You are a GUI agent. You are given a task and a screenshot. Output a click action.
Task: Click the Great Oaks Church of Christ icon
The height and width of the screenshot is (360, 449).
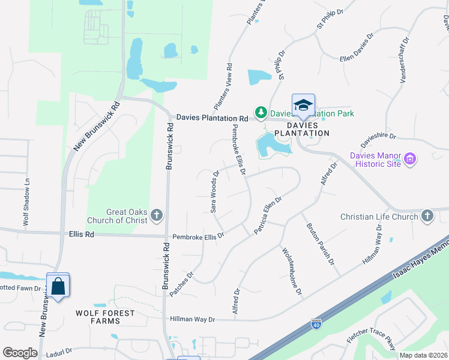pos(157,215)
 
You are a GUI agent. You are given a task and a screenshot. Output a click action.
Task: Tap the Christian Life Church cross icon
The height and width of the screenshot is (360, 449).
pos(427,216)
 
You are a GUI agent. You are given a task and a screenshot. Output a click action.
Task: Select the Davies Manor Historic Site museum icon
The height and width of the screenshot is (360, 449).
pos(411,159)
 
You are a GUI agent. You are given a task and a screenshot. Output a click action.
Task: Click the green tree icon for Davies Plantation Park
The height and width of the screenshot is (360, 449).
pos(261,112)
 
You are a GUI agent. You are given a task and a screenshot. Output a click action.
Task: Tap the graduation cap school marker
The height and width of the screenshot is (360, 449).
pos(303,105)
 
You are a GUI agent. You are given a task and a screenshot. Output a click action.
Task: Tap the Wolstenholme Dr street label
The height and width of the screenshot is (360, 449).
pos(291,271)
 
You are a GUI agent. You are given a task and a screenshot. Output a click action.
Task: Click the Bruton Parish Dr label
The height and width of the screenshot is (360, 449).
pos(320,244)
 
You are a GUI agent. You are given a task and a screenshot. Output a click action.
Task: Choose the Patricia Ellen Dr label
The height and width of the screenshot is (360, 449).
pos(268,215)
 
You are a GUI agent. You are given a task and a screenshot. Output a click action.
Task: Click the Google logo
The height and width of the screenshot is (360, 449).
pos(20,353)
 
